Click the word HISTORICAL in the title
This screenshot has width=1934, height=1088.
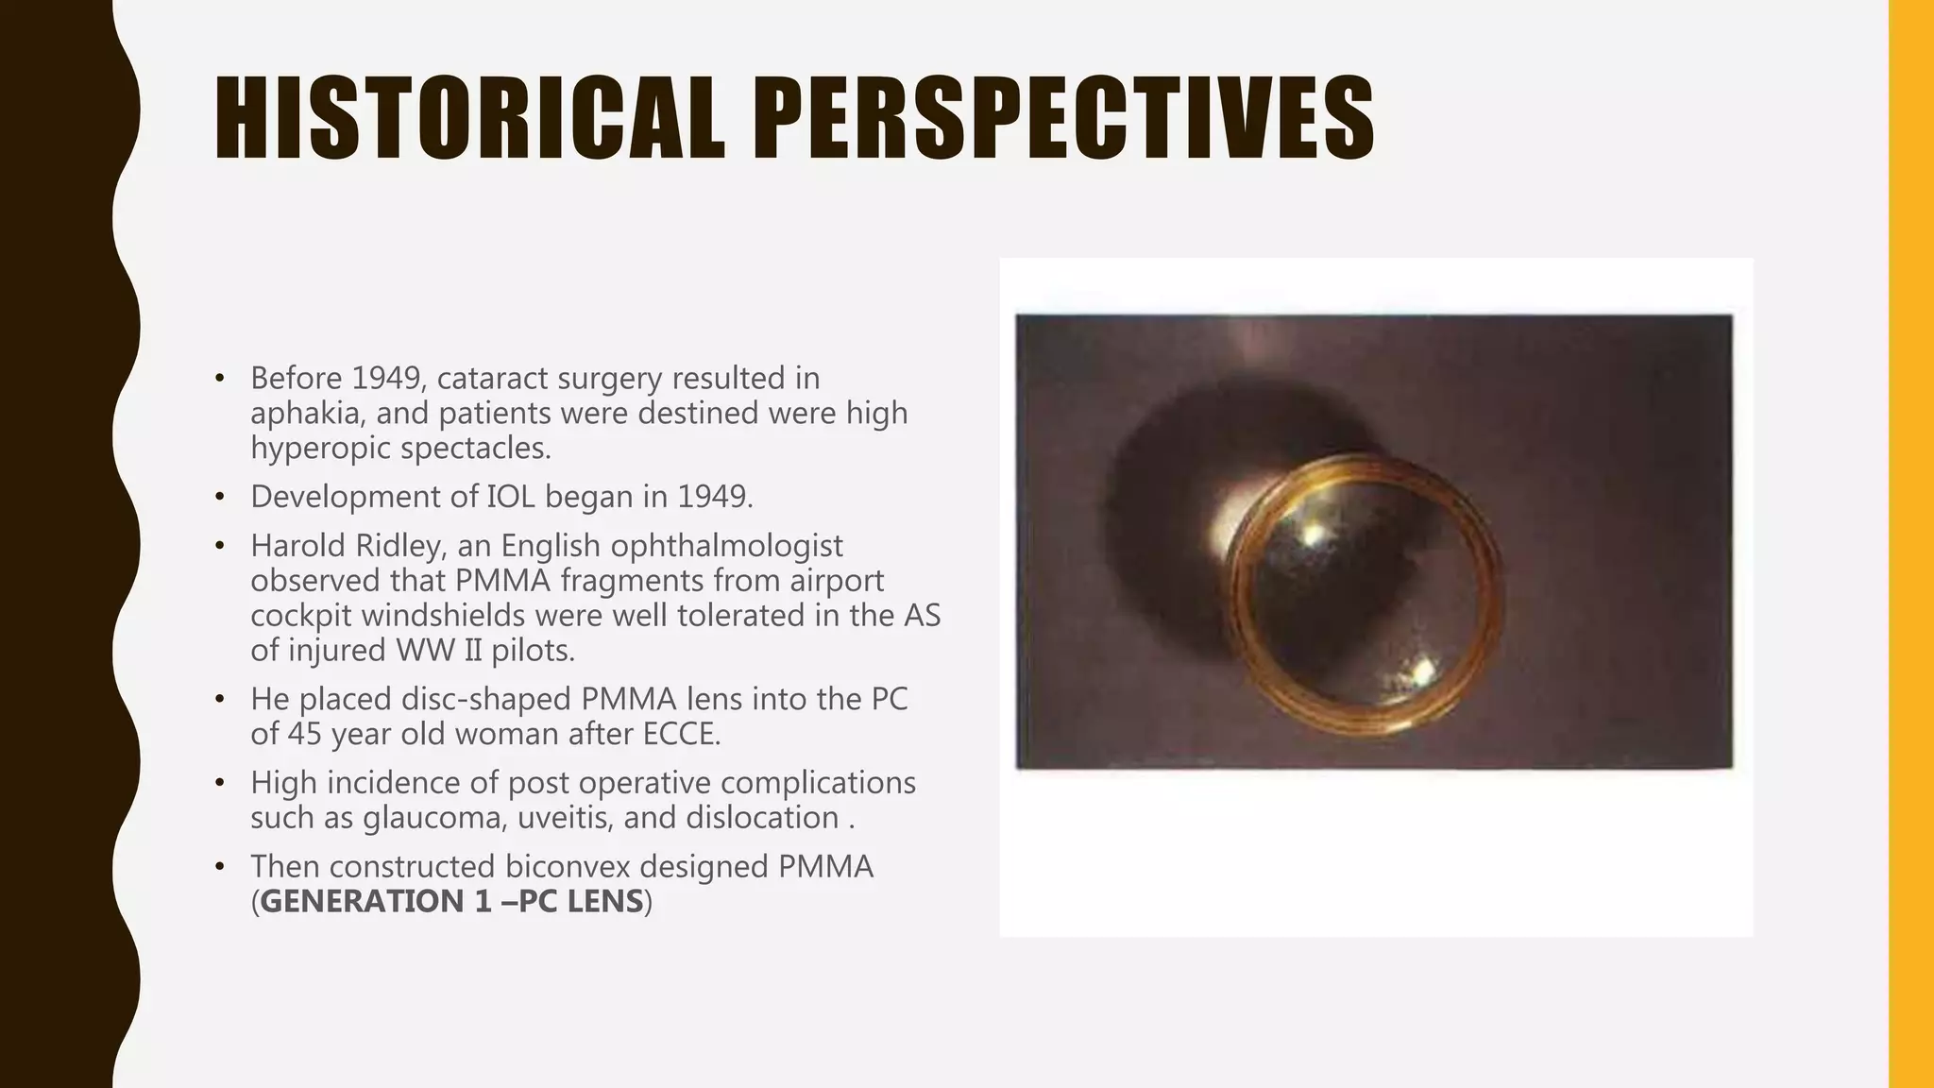pos(469,119)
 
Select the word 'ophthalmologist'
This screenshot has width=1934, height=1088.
pos(726,546)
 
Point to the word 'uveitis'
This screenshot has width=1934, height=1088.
pos(570,818)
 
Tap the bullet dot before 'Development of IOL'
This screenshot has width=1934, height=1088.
pos(220,497)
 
